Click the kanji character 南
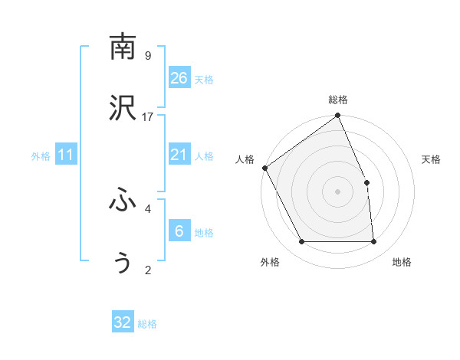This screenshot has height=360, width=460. (123, 47)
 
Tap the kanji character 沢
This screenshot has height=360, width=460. (123, 110)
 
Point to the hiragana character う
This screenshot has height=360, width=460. (123, 262)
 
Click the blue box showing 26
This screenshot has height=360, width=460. (179, 78)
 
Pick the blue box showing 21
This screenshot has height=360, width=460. (179, 155)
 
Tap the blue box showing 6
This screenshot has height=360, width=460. (179, 231)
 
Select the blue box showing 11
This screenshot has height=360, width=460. (66, 155)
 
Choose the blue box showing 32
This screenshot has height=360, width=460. (123, 322)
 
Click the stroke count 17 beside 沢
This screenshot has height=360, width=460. (148, 117)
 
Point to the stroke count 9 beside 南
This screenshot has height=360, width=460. (148, 55)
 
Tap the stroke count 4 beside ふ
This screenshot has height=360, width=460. (148, 208)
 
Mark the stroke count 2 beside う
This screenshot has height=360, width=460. (148, 270)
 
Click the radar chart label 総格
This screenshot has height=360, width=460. (338, 100)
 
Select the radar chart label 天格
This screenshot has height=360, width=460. (432, 160)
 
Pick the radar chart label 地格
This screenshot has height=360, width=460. (402, 263)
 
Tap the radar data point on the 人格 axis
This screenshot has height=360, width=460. (264, 168)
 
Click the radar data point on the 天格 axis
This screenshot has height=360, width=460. (366, 182)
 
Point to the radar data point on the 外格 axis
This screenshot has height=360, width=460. (302, 242)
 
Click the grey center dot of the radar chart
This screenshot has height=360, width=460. (338, 191)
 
